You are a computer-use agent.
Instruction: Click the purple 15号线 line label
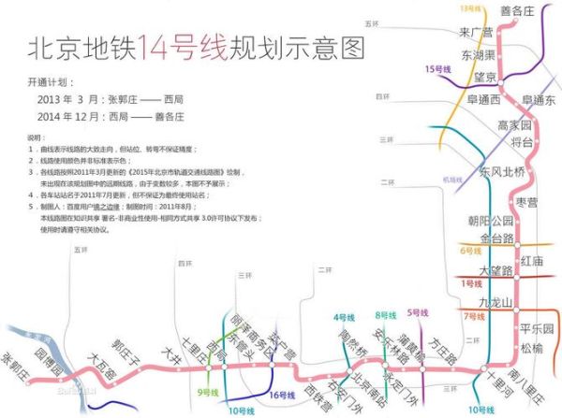[x=437, y=68]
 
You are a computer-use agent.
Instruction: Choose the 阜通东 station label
[x=539, y=100]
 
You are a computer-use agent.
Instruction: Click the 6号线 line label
[x=470, y=251]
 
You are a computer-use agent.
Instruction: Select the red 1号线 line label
[x=470, y=282]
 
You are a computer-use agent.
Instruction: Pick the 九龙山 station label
[x=496, y=302]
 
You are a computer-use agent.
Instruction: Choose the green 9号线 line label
[x=208, y=392]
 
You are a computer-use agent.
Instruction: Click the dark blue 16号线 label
[x=283, y=396]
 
